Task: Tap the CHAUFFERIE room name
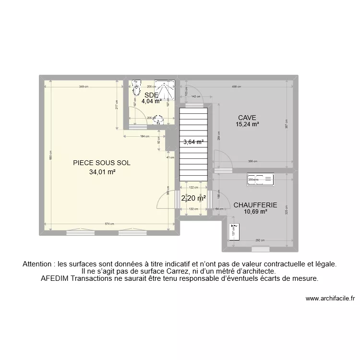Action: point(255,205)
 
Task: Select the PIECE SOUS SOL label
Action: point(102,163)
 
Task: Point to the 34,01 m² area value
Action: point(102,172)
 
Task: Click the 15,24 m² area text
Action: point(247,124)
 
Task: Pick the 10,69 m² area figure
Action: point(255,212)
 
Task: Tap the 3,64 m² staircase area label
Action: point(193,142)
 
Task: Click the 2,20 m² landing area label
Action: point(193,198)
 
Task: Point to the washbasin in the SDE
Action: point(158,122)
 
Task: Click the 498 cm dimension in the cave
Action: point(236,87)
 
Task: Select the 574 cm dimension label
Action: point(109,224)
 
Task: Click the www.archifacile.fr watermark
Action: point(330,298)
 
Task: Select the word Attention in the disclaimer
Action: point(37,264)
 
